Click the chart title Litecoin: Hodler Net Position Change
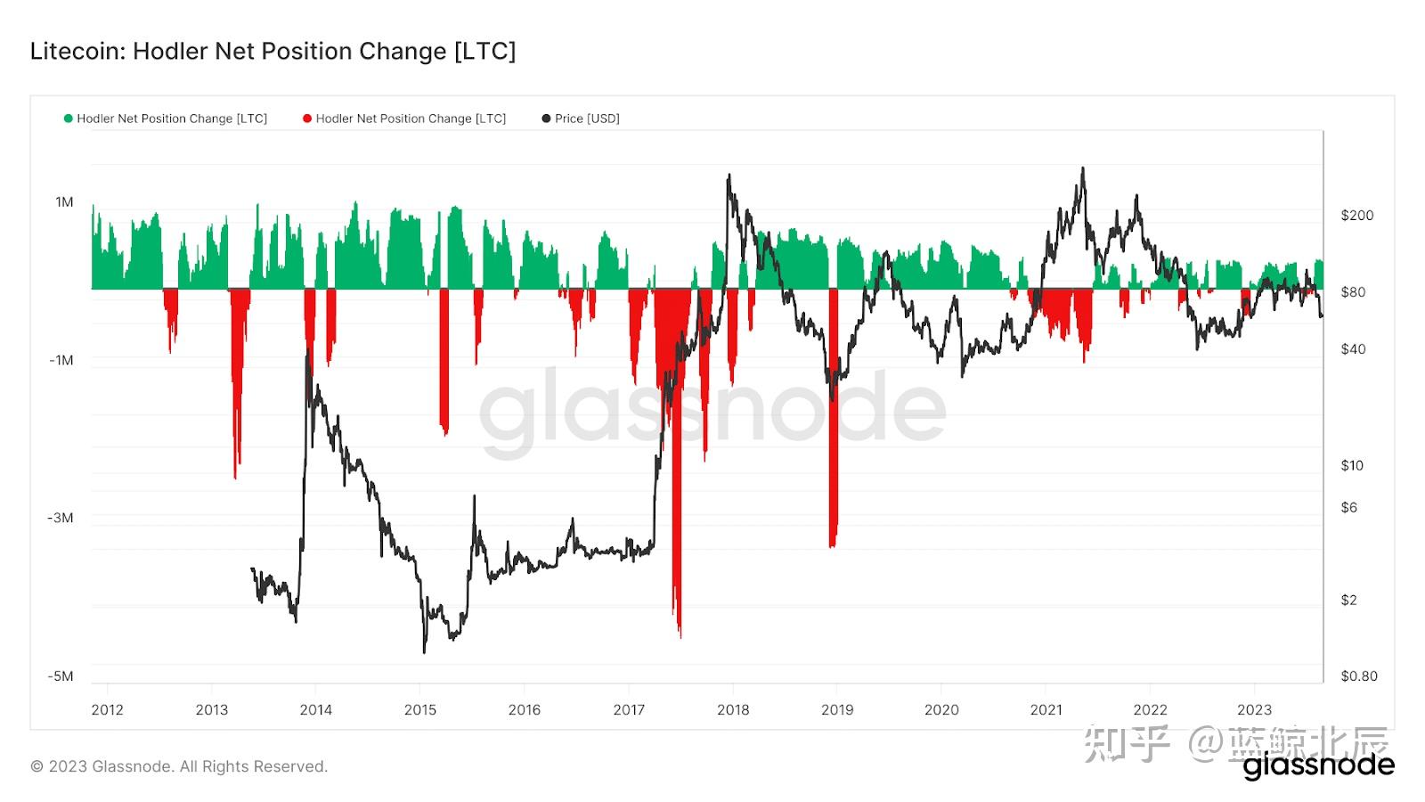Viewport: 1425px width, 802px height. point(273,51)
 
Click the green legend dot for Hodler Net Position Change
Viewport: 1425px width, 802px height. point(69,119)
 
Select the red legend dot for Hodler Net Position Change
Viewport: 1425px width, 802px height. point(307,119)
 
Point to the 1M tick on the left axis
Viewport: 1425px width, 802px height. point(64,202)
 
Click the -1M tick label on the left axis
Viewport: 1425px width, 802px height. point(61,360)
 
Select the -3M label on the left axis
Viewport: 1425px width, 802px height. point(61,518)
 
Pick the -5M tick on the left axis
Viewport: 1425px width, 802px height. point(61,675)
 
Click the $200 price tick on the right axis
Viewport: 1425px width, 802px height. point(1356,216)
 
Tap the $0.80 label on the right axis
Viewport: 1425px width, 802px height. point(1358,675)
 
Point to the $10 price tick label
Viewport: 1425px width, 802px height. point(1352,465)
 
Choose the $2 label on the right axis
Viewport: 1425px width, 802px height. point(1349,600)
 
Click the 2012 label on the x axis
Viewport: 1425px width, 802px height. point(107,710)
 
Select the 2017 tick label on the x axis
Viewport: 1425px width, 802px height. point(629,710)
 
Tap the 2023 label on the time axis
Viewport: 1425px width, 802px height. point(1254,710)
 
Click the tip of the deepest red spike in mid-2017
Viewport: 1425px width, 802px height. point(680,636)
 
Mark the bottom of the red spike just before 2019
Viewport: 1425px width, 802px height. point(832,546)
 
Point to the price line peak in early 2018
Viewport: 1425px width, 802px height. point(729,176)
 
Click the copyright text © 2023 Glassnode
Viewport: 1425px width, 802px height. point(179,766)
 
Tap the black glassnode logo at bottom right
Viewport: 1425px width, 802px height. point(1318,765)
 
